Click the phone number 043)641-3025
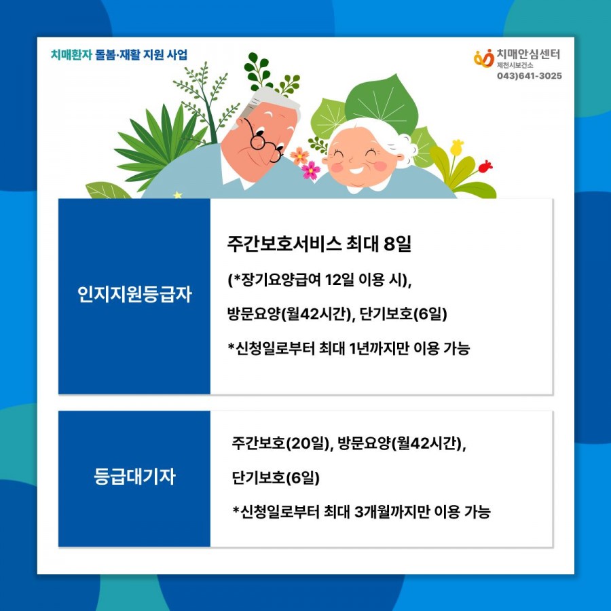pyautogui.click(x=529, y=75)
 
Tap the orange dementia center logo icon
pyautogui.click(x=483, y=58)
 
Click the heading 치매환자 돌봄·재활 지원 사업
pyautogui.click(x=119, y=54)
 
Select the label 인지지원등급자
pyautogui.click(x=134, y=294)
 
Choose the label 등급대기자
pyautogui.click(x=134, y=476)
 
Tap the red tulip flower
pyautogui.click(x=485, y=166)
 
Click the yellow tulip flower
pyautogui.click(x=457, y=147)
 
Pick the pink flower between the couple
pyautogui.click(x=311, y=170)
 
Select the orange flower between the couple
pyautogui.click(x=299, y=155)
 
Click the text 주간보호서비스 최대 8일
pyautogui.click(x=319, y=244)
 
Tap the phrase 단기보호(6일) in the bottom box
pyautogui.click(x=276, y=477)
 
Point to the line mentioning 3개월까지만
pyautogui.click(x=361, y=512)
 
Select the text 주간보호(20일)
pyautogui.click(x=280, y=443)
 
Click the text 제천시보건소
pyautogui.click(x=515, y=65)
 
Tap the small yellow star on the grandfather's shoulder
pyautogui.click(x=178, y=195)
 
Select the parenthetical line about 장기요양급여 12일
pyautogui.click(x=320, y=280)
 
